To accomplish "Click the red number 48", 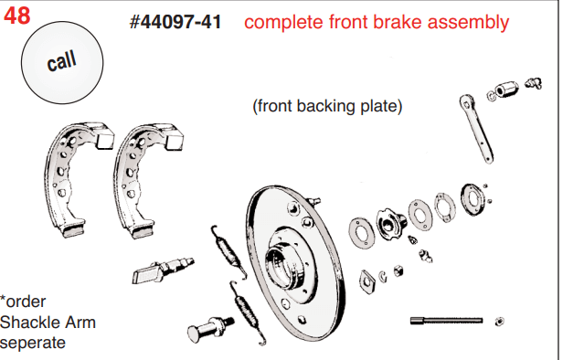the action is pos(16,16).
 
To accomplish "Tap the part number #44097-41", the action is pos(175,22).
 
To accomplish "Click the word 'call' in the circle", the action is pos(62,60).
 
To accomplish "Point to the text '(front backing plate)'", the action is pos(327,106).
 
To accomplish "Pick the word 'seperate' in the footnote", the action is pos(33,343).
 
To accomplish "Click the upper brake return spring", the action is pos(228,251).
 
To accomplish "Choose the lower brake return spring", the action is pos(248,312).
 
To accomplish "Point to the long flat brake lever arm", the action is pos(476,128).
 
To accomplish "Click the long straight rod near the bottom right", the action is pos(446,320).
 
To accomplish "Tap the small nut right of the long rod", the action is pos(499,322).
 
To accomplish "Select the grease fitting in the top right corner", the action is pos(533,84).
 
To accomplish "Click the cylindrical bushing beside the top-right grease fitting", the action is pos(506,90).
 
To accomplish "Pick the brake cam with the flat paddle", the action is pos(163,270).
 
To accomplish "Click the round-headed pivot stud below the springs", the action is pos(210,328).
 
